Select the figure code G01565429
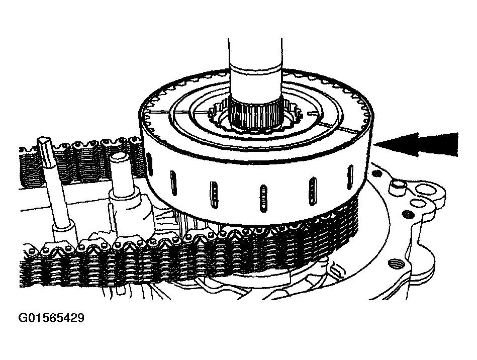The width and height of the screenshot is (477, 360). pyautogui.click(x=51, y=318)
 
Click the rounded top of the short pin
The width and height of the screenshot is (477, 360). pyautogui.click(x=118, y=158)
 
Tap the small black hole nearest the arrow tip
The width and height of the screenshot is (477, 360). pyautogui.click(x=377, y=174)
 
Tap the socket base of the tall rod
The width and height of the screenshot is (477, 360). pyautogui.click(x=64, y=234)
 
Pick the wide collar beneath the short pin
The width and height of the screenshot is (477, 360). pyautogui.click(x=128, y=207)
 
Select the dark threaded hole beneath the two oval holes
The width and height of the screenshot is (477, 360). pyautogui.click(x=408, y=215)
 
